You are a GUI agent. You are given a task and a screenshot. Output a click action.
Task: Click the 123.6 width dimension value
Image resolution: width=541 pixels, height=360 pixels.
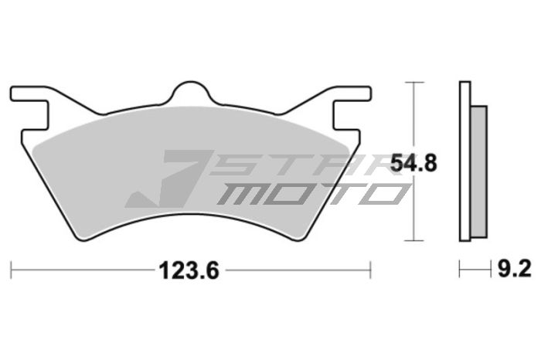pyautogui.click(x=190, y=270)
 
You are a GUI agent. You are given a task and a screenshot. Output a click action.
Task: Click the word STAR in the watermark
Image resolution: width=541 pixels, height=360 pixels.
pyautogui.click(x=309, y=164)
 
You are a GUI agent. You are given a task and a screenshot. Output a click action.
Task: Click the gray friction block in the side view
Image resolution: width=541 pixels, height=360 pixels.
pyautogui.click(x=479, y=171)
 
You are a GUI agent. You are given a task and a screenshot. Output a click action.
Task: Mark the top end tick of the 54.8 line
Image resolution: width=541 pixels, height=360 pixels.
pyautogui.click(x=415, y=81)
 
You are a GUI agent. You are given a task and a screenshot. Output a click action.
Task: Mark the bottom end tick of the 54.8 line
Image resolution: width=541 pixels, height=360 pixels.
pyautogui.click(x=415, y=241)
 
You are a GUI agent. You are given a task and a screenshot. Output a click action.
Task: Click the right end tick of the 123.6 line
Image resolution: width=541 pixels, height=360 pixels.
pyautogui.click(x=372, y=270)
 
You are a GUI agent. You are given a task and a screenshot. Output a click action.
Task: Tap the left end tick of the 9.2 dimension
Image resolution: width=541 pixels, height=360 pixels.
pyautogui.click(x=461, y=270)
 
